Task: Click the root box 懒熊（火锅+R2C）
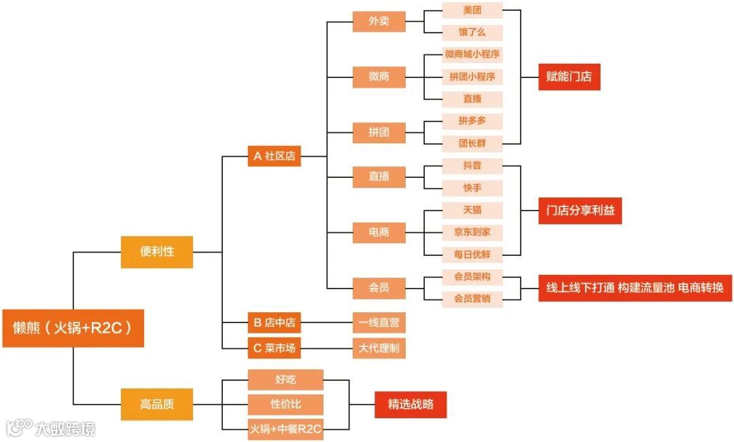(73, 329)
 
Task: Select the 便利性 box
(157, 251)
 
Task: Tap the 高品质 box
(157, 404)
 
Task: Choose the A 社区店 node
(274, 156)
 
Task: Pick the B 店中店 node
(274, 323)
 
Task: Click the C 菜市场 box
(274, 349)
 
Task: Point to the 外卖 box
(379, 21)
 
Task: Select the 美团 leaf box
(472, 10)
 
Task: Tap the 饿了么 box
(472, 33)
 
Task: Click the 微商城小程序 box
(472, 54)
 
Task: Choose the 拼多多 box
(472, 121)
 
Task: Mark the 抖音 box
(472, 166)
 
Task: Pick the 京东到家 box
(472, 232)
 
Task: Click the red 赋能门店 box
(569, 77)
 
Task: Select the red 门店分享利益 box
(580, 210)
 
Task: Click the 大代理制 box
(379, 349)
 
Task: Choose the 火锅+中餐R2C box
(285, 429)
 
